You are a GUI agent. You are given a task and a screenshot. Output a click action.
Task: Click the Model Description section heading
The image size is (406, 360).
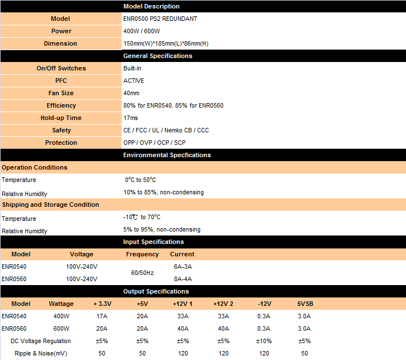(x=151, y=6)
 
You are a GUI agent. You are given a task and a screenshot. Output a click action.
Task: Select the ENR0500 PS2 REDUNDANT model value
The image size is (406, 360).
(x=160, y=19)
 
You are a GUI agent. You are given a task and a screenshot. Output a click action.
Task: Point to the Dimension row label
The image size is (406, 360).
(x=61, y=43)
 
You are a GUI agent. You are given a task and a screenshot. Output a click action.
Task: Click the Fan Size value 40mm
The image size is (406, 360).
(x=131, y=93)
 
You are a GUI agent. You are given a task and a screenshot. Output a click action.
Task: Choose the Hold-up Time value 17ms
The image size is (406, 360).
(x=131, y=118)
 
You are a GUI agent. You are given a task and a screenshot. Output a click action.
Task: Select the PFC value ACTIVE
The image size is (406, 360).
(x=134, y=81)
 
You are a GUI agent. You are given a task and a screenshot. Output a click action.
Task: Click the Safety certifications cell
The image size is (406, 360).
(x=166, y=130)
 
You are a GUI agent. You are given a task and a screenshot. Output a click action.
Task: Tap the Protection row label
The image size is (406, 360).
(x=61, y=143)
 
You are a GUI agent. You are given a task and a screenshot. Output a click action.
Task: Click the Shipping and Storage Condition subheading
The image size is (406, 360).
(x=51, y=205)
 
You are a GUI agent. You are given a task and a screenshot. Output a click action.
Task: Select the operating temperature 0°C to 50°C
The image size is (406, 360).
(x=140, y=180)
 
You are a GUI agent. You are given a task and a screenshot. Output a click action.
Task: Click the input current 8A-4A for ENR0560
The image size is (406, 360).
(x=183, y=278)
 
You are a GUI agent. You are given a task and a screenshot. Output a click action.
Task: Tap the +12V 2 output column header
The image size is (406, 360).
(x=224, y=304)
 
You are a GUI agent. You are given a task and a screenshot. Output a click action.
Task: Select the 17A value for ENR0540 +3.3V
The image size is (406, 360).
(x=102, y=316)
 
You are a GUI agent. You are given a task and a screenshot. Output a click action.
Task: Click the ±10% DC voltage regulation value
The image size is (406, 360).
(x=264, y=341)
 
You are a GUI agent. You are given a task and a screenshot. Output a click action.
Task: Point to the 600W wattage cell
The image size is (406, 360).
(x=61, y=328)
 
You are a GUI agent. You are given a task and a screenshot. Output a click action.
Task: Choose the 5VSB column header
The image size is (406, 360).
(x=305, y=304)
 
